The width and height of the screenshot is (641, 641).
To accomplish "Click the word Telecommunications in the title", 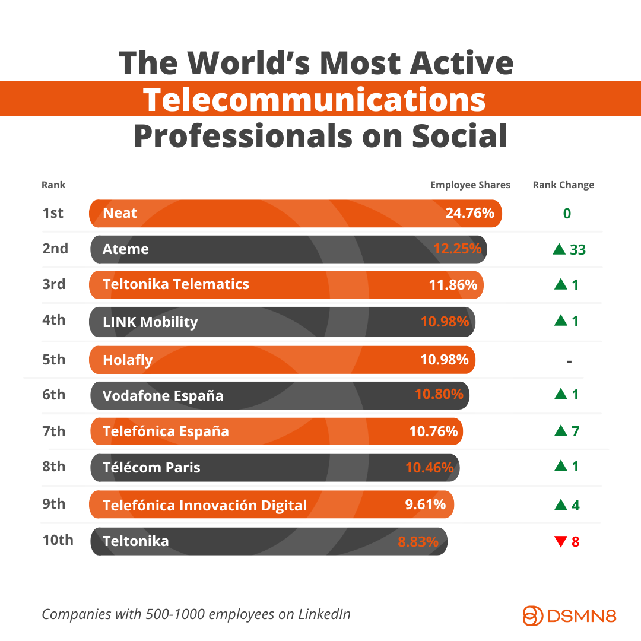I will [315, 99].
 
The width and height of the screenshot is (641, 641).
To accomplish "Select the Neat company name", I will [120, 213].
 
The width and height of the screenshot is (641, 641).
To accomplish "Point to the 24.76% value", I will [469, 213].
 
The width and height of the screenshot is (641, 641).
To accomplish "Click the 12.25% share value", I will [457, 249].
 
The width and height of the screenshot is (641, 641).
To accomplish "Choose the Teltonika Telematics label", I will [176, 284].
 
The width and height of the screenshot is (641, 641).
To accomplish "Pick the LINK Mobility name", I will [150, 322].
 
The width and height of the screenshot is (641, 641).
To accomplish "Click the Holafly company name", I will [128, 360].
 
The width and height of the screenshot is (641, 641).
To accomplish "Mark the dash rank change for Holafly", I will [569, 360].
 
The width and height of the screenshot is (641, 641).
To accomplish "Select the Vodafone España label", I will [163, 396].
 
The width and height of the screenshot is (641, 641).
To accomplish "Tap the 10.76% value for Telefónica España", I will [433, 431].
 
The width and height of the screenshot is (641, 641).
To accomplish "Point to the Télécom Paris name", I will [151, 467].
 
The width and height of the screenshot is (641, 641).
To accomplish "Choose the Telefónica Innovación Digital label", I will [205, 505].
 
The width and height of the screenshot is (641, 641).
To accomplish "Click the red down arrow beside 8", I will [560, 541].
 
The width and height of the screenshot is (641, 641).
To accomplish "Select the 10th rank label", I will [58, 540].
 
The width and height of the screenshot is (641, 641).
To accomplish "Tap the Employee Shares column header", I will [470, 185].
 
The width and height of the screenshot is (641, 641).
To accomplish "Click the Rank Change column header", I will [563, 185].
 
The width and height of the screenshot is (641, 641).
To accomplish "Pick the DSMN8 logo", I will [569, 615].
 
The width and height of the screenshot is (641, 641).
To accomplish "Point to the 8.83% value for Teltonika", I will [418, 541].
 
